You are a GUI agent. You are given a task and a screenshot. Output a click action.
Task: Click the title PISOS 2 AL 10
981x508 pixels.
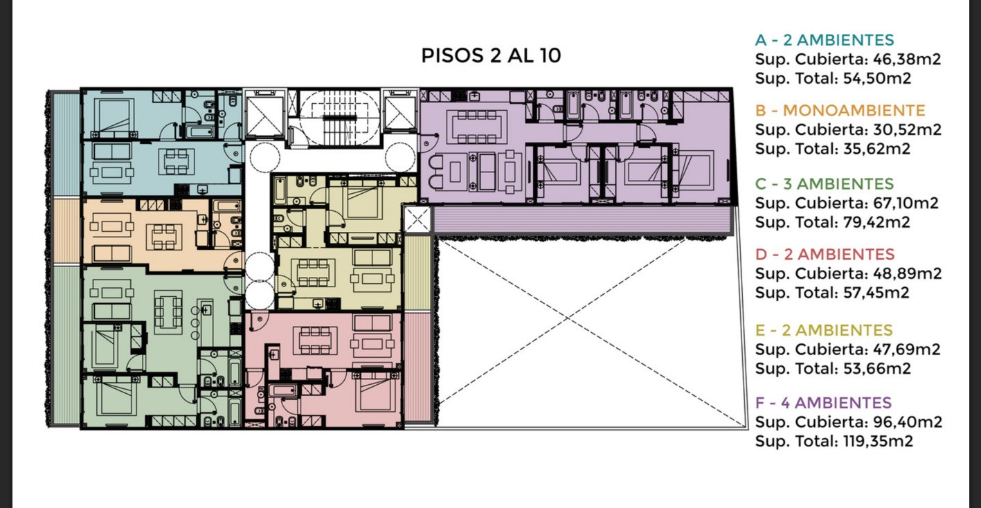491,55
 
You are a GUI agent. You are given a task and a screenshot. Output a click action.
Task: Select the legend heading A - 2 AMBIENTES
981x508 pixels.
825,40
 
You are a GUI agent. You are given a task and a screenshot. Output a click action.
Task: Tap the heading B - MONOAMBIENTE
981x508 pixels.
840,110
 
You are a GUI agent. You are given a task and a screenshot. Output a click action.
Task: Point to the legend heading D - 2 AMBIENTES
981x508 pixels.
825,254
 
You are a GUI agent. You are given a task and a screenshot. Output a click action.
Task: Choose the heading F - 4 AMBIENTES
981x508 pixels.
823,403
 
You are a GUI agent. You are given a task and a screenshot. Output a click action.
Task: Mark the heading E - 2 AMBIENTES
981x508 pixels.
824,330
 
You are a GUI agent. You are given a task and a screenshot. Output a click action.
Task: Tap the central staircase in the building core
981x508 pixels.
339,118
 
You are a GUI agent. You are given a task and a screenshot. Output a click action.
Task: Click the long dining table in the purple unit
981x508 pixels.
476,127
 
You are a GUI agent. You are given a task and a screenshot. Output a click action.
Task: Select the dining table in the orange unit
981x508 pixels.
165,237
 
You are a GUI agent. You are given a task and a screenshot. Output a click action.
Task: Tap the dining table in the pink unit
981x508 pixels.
315,341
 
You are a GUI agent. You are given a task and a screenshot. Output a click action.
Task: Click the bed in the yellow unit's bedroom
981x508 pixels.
363,199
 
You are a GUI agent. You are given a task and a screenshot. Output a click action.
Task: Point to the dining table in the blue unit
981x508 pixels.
177,162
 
